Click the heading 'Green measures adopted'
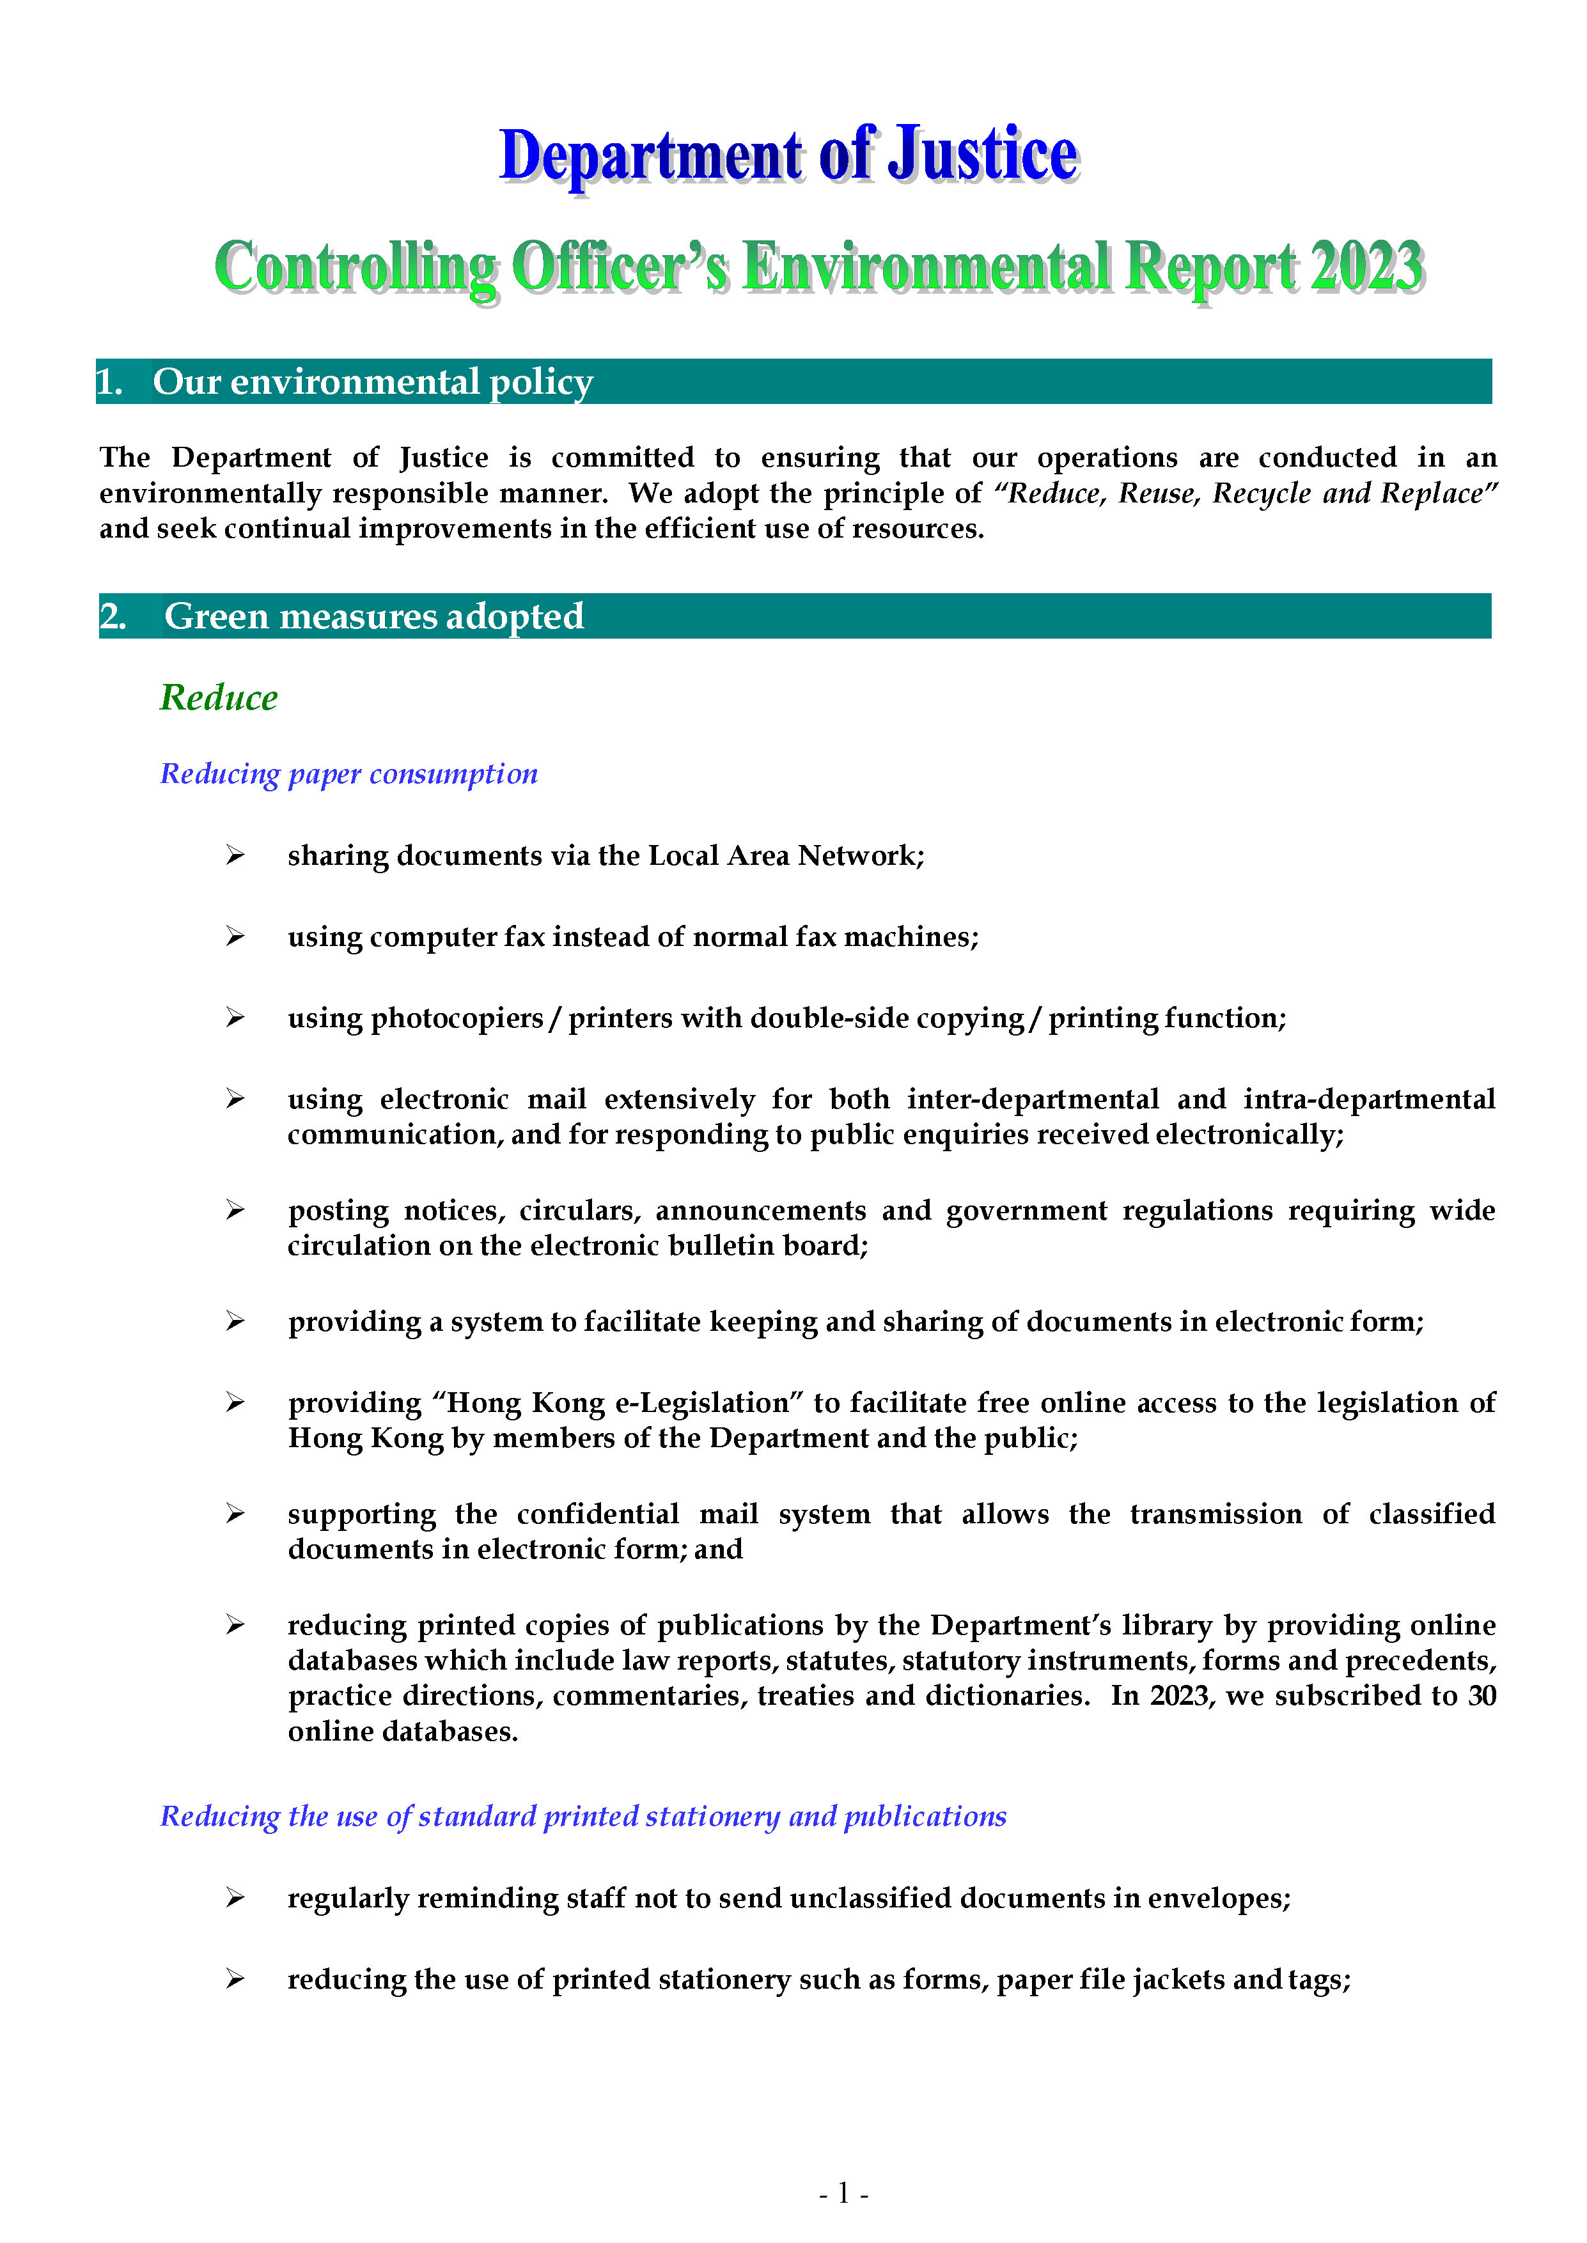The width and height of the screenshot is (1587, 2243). [373, 616]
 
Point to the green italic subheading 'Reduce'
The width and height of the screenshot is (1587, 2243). [219, 697]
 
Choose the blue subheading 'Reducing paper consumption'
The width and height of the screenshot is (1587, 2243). [349, 773]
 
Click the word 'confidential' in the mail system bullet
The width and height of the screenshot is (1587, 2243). [597, 1514]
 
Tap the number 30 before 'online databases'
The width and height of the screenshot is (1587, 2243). [1481, 1695]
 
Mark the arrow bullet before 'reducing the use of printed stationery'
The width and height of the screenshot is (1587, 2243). [235, 1979]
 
